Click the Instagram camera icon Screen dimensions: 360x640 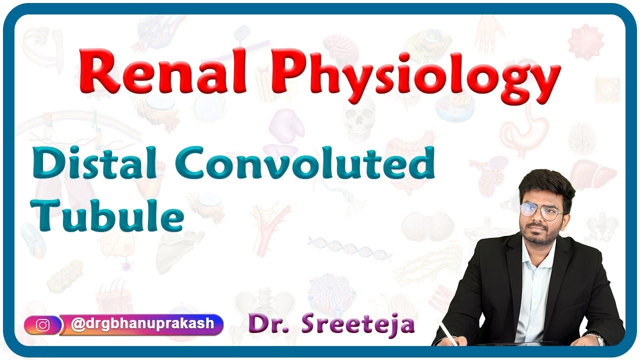(x=43, y=325)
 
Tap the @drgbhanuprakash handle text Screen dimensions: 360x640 (x=142, y=323)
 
